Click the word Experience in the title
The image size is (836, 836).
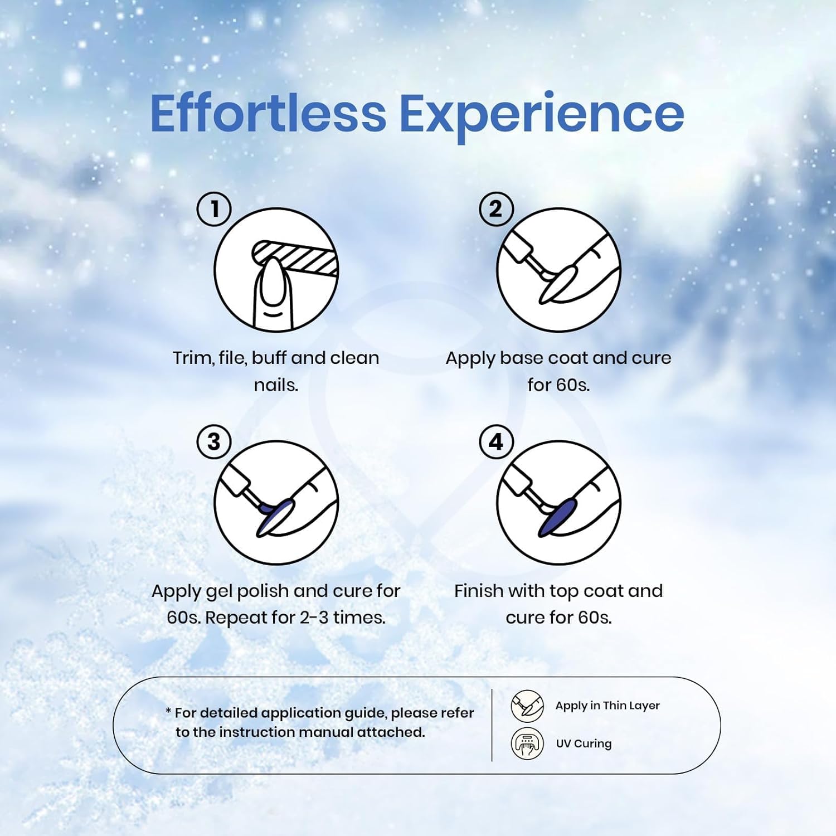[x=542, y=116]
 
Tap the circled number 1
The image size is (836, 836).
[x=214, y=209]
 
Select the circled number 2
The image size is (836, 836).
[x=496, y=209]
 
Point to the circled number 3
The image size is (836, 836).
[x=214, y=442]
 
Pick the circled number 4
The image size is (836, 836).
[x=496, y=442]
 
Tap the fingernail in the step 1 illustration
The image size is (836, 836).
[x=274, y=282]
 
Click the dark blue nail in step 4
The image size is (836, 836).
[x=557, y=517]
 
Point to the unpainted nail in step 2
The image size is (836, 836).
[x=557, y=284]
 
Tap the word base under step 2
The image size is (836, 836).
[x=522, y=358]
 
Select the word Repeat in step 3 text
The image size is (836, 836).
[x=235, y=618]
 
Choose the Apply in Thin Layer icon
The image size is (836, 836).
[x=527, y=706]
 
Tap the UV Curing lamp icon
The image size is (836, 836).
[x=527, y=743]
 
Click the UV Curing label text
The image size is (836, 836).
[x=584, y=743]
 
